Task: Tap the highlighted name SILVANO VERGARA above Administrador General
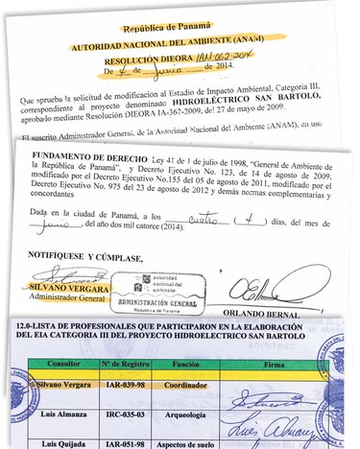tap(66, 287)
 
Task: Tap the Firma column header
tap(277, 365)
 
